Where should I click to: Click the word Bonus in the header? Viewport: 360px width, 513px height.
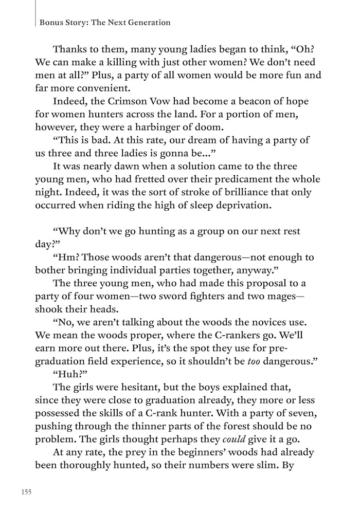click(50, 23)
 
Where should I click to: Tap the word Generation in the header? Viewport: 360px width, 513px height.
click(148, 23)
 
